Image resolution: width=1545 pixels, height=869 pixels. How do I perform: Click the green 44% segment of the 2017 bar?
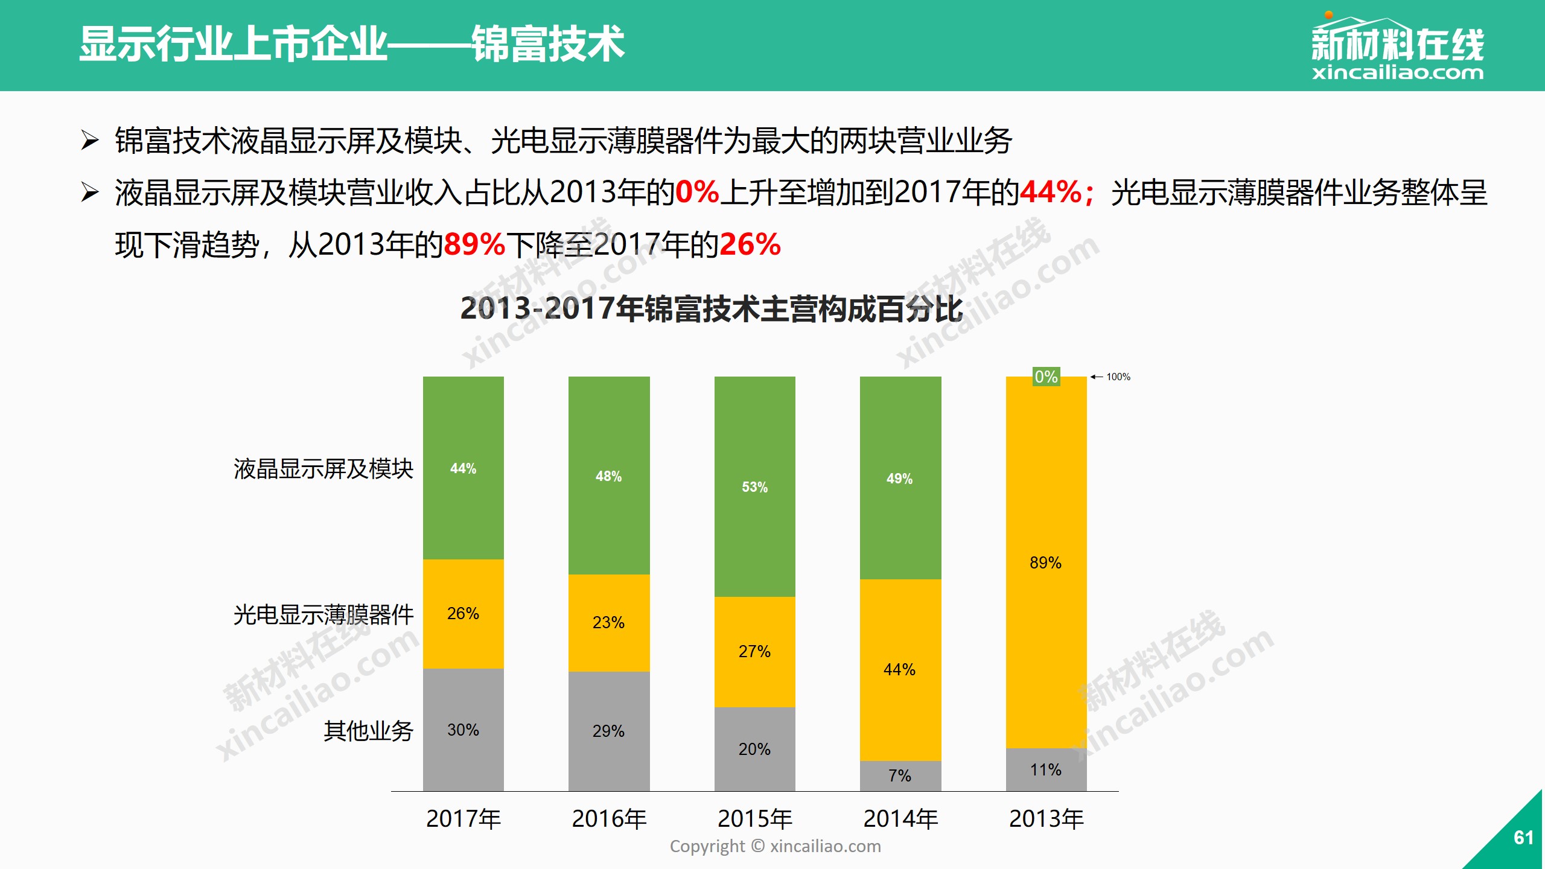[463, 468]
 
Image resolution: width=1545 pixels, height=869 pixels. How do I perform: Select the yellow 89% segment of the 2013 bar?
[1045, 562]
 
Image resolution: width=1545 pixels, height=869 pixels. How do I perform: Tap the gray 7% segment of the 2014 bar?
[900, 775]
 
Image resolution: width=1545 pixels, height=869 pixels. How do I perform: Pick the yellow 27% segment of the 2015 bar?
[754, 652]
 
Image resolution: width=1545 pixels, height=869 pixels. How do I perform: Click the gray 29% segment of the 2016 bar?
[608, 731]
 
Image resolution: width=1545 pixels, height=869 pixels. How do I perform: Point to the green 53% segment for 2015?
[754, 486]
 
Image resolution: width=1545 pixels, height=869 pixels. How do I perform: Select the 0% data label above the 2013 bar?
[1046, 377]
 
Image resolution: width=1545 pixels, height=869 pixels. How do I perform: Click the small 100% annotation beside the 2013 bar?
[1118, 377]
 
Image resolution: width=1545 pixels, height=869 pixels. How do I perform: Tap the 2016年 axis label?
[609, 819]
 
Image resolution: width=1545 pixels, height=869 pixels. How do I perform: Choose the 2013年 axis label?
[1046, 819]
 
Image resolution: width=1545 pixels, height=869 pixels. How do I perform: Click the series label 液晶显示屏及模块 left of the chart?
[323, 469]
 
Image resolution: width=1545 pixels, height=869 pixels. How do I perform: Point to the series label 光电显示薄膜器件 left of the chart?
[323, 615]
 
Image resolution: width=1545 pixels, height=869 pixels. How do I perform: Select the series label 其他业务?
[368, 731]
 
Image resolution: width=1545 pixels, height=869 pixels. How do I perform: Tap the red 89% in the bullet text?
[474, 245]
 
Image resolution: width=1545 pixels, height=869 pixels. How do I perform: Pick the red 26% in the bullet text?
[750, 245]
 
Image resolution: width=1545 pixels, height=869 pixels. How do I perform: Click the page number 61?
[1523, 838]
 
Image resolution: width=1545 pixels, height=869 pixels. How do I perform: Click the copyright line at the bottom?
[775, 846]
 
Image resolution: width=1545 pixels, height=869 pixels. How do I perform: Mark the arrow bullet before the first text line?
[90, 141]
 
